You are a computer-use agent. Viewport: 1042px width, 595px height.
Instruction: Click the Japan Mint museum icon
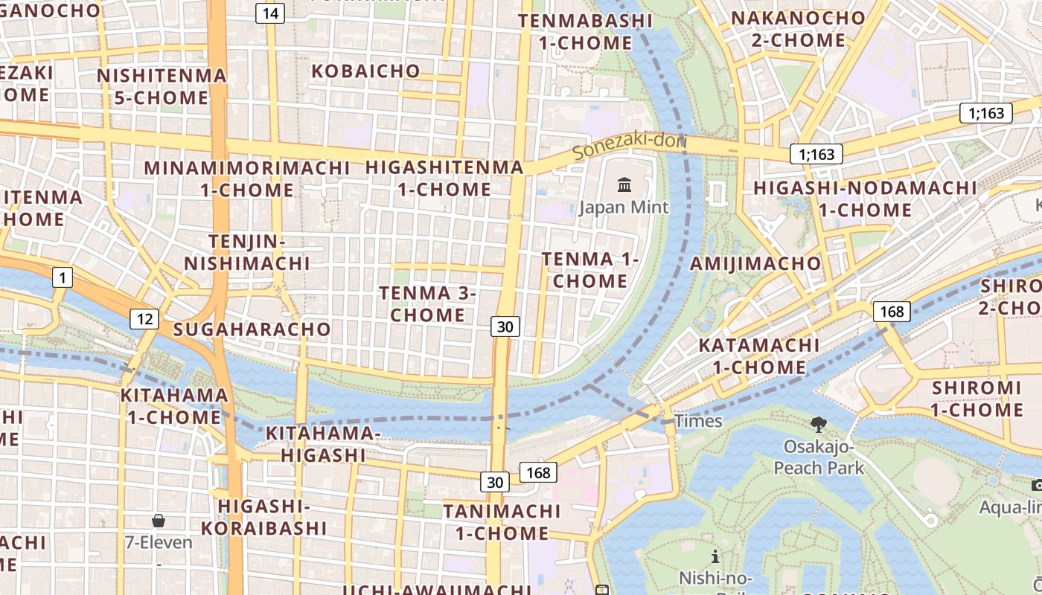624,184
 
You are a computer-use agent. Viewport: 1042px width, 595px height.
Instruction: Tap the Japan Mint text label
624,207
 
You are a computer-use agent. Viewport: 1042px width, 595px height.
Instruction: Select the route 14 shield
270,13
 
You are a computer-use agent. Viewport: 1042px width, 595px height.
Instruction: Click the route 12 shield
144,319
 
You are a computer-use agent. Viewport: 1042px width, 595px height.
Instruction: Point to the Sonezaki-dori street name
630,144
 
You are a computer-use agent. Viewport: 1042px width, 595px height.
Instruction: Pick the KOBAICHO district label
366,71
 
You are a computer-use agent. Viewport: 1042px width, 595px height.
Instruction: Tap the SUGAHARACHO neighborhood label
252,329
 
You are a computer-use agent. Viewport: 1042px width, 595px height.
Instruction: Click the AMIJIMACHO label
755,263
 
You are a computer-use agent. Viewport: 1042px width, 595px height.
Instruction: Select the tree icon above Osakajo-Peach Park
819,425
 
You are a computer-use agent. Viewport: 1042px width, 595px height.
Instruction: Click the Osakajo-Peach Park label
819,457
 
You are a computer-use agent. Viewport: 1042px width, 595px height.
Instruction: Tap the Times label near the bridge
698,421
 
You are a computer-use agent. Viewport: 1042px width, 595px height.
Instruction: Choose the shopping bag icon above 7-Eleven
159,520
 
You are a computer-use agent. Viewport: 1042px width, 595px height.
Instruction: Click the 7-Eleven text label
159,542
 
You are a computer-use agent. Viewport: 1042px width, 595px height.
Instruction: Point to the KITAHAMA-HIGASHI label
324,444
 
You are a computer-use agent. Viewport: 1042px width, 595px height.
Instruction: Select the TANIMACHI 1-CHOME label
502,522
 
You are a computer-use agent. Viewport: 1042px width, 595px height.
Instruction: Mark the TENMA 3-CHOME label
427,303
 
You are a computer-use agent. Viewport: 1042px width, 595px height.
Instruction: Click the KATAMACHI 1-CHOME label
759,356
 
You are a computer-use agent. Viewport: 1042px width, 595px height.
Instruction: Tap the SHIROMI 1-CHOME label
977,399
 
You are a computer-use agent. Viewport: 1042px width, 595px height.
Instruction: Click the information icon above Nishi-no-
715,556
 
